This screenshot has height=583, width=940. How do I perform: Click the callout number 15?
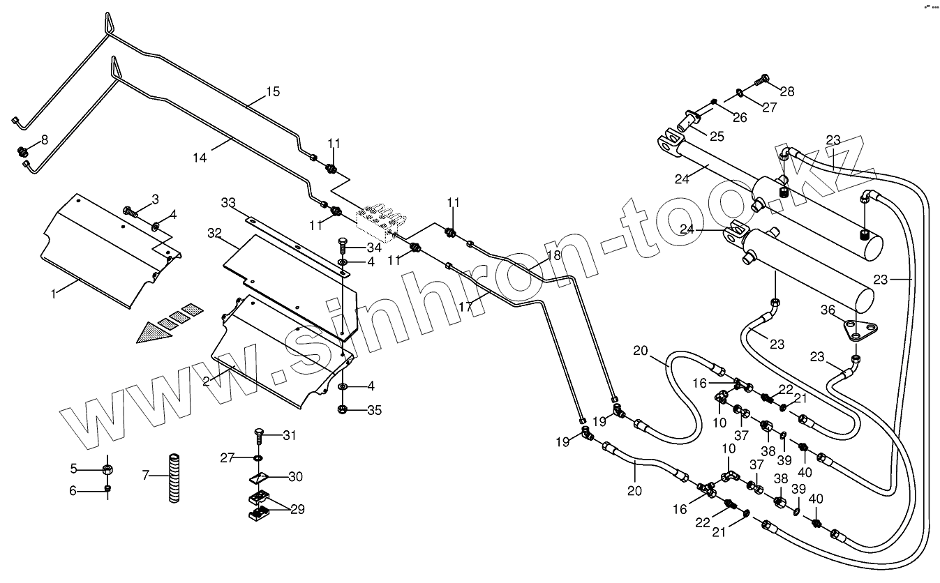(272, 92)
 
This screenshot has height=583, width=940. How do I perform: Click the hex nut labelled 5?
(107, 467)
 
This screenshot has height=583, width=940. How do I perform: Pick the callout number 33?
(228, 203)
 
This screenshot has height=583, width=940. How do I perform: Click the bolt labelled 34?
(343, 245)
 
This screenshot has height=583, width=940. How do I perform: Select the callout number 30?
(295, 477)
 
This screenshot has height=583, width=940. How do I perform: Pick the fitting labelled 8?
(23, 149)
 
